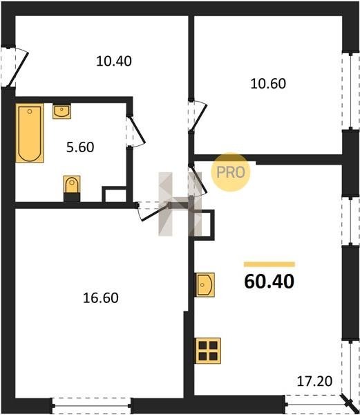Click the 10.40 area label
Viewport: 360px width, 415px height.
[x=114, y=62]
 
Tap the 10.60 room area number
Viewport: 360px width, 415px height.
[x=268, y=84]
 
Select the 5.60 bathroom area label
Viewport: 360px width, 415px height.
[x=80, y=147]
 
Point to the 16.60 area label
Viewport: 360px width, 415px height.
[x=101, y=297]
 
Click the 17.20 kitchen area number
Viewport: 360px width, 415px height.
[x=314, y=381]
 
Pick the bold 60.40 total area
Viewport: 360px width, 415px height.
[x=269, y=282]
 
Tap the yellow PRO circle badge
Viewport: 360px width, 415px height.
[x=231, y=172]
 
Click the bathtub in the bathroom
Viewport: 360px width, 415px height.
[x=30, y=133]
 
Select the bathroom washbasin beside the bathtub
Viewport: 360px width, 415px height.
[x=61, y=111]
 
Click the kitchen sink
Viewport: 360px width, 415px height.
[x=205, y=285]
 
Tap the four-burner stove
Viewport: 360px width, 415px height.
[x=208, y=351]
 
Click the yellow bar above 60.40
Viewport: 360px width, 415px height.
[x=269, y=264]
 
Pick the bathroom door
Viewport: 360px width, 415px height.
[x=135, y=131]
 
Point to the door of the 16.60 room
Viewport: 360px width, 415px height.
[x=153, y=211]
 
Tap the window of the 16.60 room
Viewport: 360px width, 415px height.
[x=92, y=405]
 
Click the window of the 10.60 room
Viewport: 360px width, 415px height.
[x=350, y=91]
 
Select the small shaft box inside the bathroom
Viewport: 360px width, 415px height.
[x=114, y=194]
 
